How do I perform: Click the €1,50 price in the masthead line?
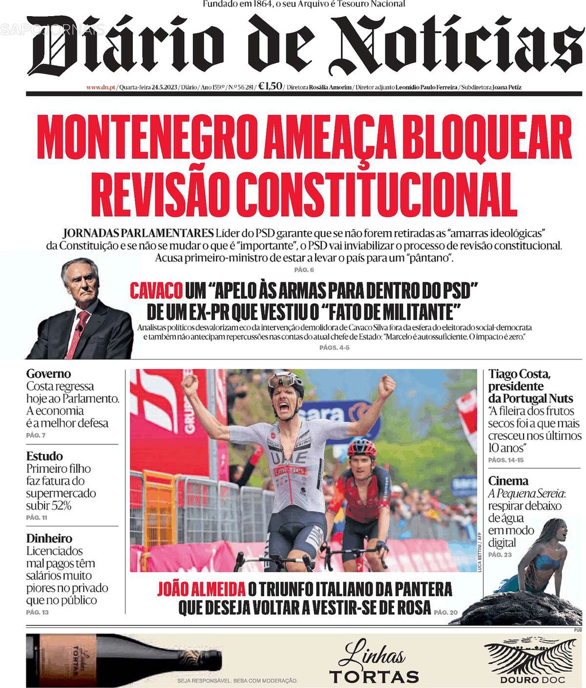coord(270,87)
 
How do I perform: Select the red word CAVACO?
coord(156,291)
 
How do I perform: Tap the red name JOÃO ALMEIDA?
coord(201,589)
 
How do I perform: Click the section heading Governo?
coord(49,374)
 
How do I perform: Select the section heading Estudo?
coord(45,456)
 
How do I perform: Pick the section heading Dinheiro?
coord(49,538)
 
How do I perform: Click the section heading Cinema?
coord(508,481)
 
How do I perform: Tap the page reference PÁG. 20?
coord(446,612)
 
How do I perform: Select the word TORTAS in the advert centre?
coord(374,676)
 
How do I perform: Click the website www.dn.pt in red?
coord(101,88)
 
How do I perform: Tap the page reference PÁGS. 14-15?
coord(506,460)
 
